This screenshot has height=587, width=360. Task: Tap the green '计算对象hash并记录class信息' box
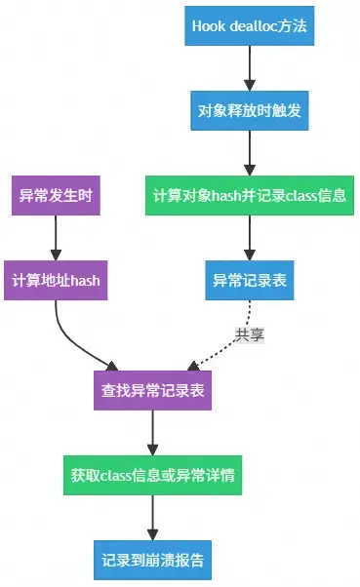(x=251, y=196)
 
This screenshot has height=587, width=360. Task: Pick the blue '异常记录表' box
(x=250, y=281)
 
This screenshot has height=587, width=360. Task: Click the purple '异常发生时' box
(x=56, y=196)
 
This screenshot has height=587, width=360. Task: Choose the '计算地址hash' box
(x=56, y=281)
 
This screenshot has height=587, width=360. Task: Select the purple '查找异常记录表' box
(x=152, y=391)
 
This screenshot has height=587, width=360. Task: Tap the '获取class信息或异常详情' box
(x=152, y=477)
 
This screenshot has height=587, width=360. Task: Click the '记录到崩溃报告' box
(x=152, y=561)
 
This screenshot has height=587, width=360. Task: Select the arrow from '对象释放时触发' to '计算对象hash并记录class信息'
(x=250, y=153)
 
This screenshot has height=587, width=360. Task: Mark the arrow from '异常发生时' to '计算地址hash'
(x=56, y=238)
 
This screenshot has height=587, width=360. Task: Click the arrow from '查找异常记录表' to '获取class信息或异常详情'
(x=152, y=434)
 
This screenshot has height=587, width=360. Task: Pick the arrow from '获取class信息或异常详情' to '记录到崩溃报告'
(x=152, y=519)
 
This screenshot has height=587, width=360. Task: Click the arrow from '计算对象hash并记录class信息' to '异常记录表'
(x=250, y=238)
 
